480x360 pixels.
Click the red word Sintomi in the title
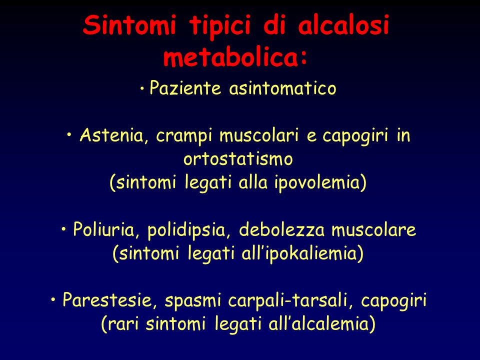pos(129,24)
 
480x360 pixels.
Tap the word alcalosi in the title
pos(343,24)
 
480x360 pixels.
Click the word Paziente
pos(185,88)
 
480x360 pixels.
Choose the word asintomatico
pos(282,89)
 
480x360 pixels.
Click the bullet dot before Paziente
pos(142,89)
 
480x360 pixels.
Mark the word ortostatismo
pos(238,159)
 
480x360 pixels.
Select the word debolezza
pos(281,229)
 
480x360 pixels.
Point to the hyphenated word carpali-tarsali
pos(291,301)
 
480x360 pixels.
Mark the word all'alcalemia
pos(321,324)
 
